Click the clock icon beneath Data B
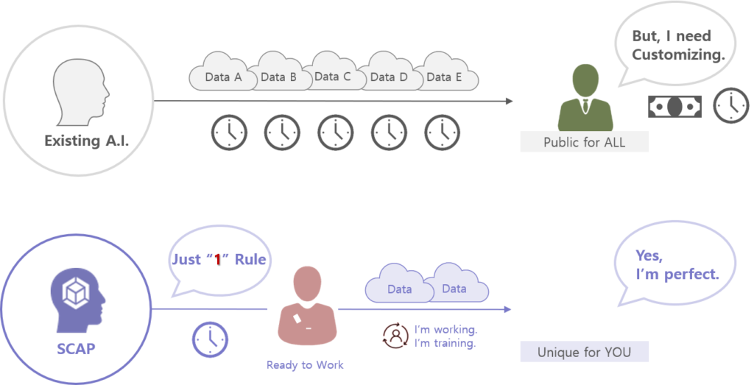point(282,132)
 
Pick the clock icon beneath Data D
point(389,132)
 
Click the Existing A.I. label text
point(87,141)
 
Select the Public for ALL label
point(584,142)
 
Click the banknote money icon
point(674,106)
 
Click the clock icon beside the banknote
point(730,106)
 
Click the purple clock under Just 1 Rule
point(210,339)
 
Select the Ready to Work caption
point(304,365)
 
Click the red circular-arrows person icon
point(395,336)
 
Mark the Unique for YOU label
point(584,352)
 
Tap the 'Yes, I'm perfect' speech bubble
point(675,264)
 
